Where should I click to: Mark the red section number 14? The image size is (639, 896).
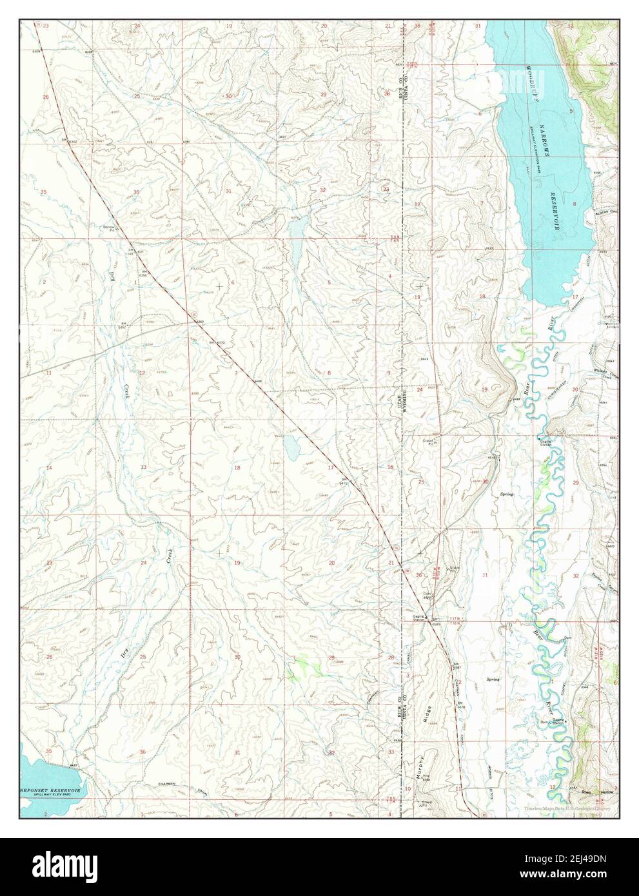pos(48,467)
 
